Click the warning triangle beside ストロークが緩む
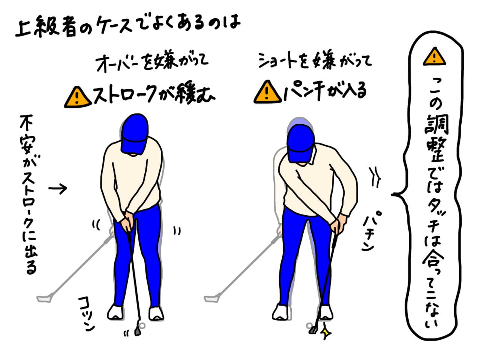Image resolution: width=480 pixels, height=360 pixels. [77, 97]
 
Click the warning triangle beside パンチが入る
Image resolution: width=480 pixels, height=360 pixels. [267, 92]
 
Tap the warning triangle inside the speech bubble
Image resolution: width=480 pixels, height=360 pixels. [434, 57]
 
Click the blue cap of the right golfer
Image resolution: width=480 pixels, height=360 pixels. [300, 142]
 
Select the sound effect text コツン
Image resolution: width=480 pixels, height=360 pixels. [87, 313]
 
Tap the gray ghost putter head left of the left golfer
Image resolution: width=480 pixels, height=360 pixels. [44, 299]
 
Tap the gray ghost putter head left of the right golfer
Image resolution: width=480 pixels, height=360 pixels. [211, 299]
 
